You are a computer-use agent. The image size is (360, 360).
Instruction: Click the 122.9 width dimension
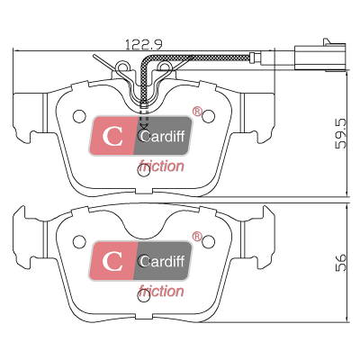[144, 44]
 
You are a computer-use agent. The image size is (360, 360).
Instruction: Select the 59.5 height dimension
[341, 133]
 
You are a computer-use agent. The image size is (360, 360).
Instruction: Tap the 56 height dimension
[341, 263]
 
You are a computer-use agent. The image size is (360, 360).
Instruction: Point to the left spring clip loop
[122, 67]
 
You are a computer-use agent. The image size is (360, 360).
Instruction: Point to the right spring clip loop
[165, 67]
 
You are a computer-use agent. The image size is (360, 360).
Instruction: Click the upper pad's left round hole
[79, 116]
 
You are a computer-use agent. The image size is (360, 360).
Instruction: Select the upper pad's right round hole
[208, 116]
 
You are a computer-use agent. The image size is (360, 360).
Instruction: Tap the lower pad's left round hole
[79, 241]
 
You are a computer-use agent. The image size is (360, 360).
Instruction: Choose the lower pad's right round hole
[208, 241]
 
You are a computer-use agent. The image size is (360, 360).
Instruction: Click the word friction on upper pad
[161, 166]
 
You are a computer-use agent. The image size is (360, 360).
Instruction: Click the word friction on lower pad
[161, 292]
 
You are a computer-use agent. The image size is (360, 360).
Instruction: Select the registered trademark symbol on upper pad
[197, 112]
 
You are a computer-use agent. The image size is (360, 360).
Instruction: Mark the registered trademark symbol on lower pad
[197, 237]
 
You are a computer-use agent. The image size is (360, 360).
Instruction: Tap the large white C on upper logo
[112, 136]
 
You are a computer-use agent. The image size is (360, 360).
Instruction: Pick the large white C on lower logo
[112, 261]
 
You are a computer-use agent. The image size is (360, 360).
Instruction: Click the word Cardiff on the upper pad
[162, 136]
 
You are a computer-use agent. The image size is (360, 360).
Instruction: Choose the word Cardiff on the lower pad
[162, 261]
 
